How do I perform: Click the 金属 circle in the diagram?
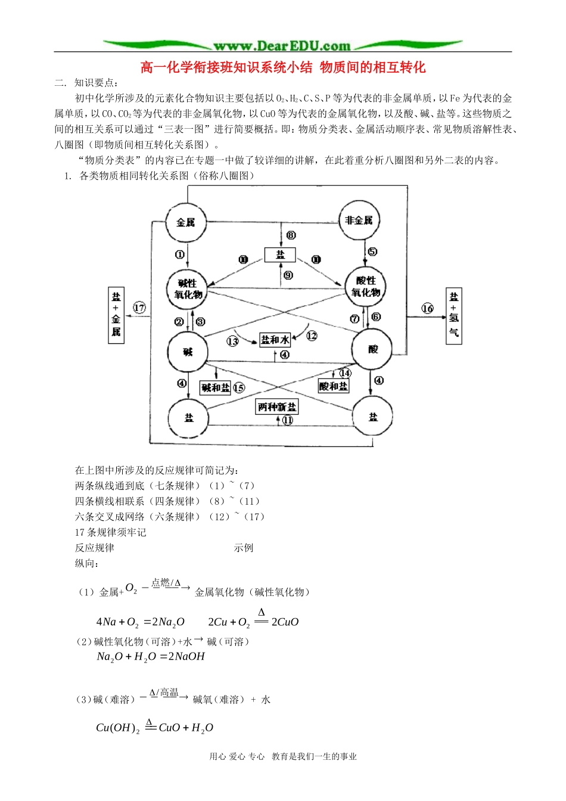point(186,222)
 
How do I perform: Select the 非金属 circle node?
point(359,221)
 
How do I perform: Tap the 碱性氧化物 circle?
point(188,289)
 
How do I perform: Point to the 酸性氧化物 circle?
point(366,287)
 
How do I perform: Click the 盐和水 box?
point(275,340)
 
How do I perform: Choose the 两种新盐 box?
point(277,407)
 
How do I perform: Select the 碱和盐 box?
point(215,388)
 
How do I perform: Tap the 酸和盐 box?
point(333,386)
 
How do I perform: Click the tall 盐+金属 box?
point(116,315)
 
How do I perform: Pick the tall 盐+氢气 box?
point(454,315)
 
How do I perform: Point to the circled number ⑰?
point(139,308)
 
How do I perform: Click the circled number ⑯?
point(427,308)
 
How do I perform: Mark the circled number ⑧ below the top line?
point(291,235)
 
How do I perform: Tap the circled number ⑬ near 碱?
point(232,341)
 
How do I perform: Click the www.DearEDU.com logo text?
point(282,46)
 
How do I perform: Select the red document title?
point(283,67)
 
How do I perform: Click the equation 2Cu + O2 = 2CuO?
point(253,622)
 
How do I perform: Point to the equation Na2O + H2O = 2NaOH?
point(151,657)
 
